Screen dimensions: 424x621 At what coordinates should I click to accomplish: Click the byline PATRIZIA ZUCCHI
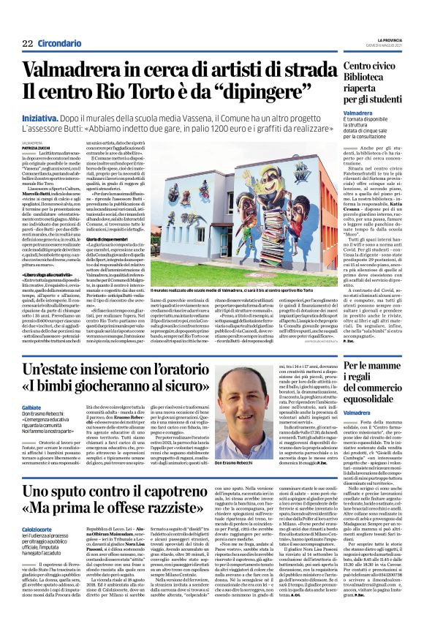pos(37,147)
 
